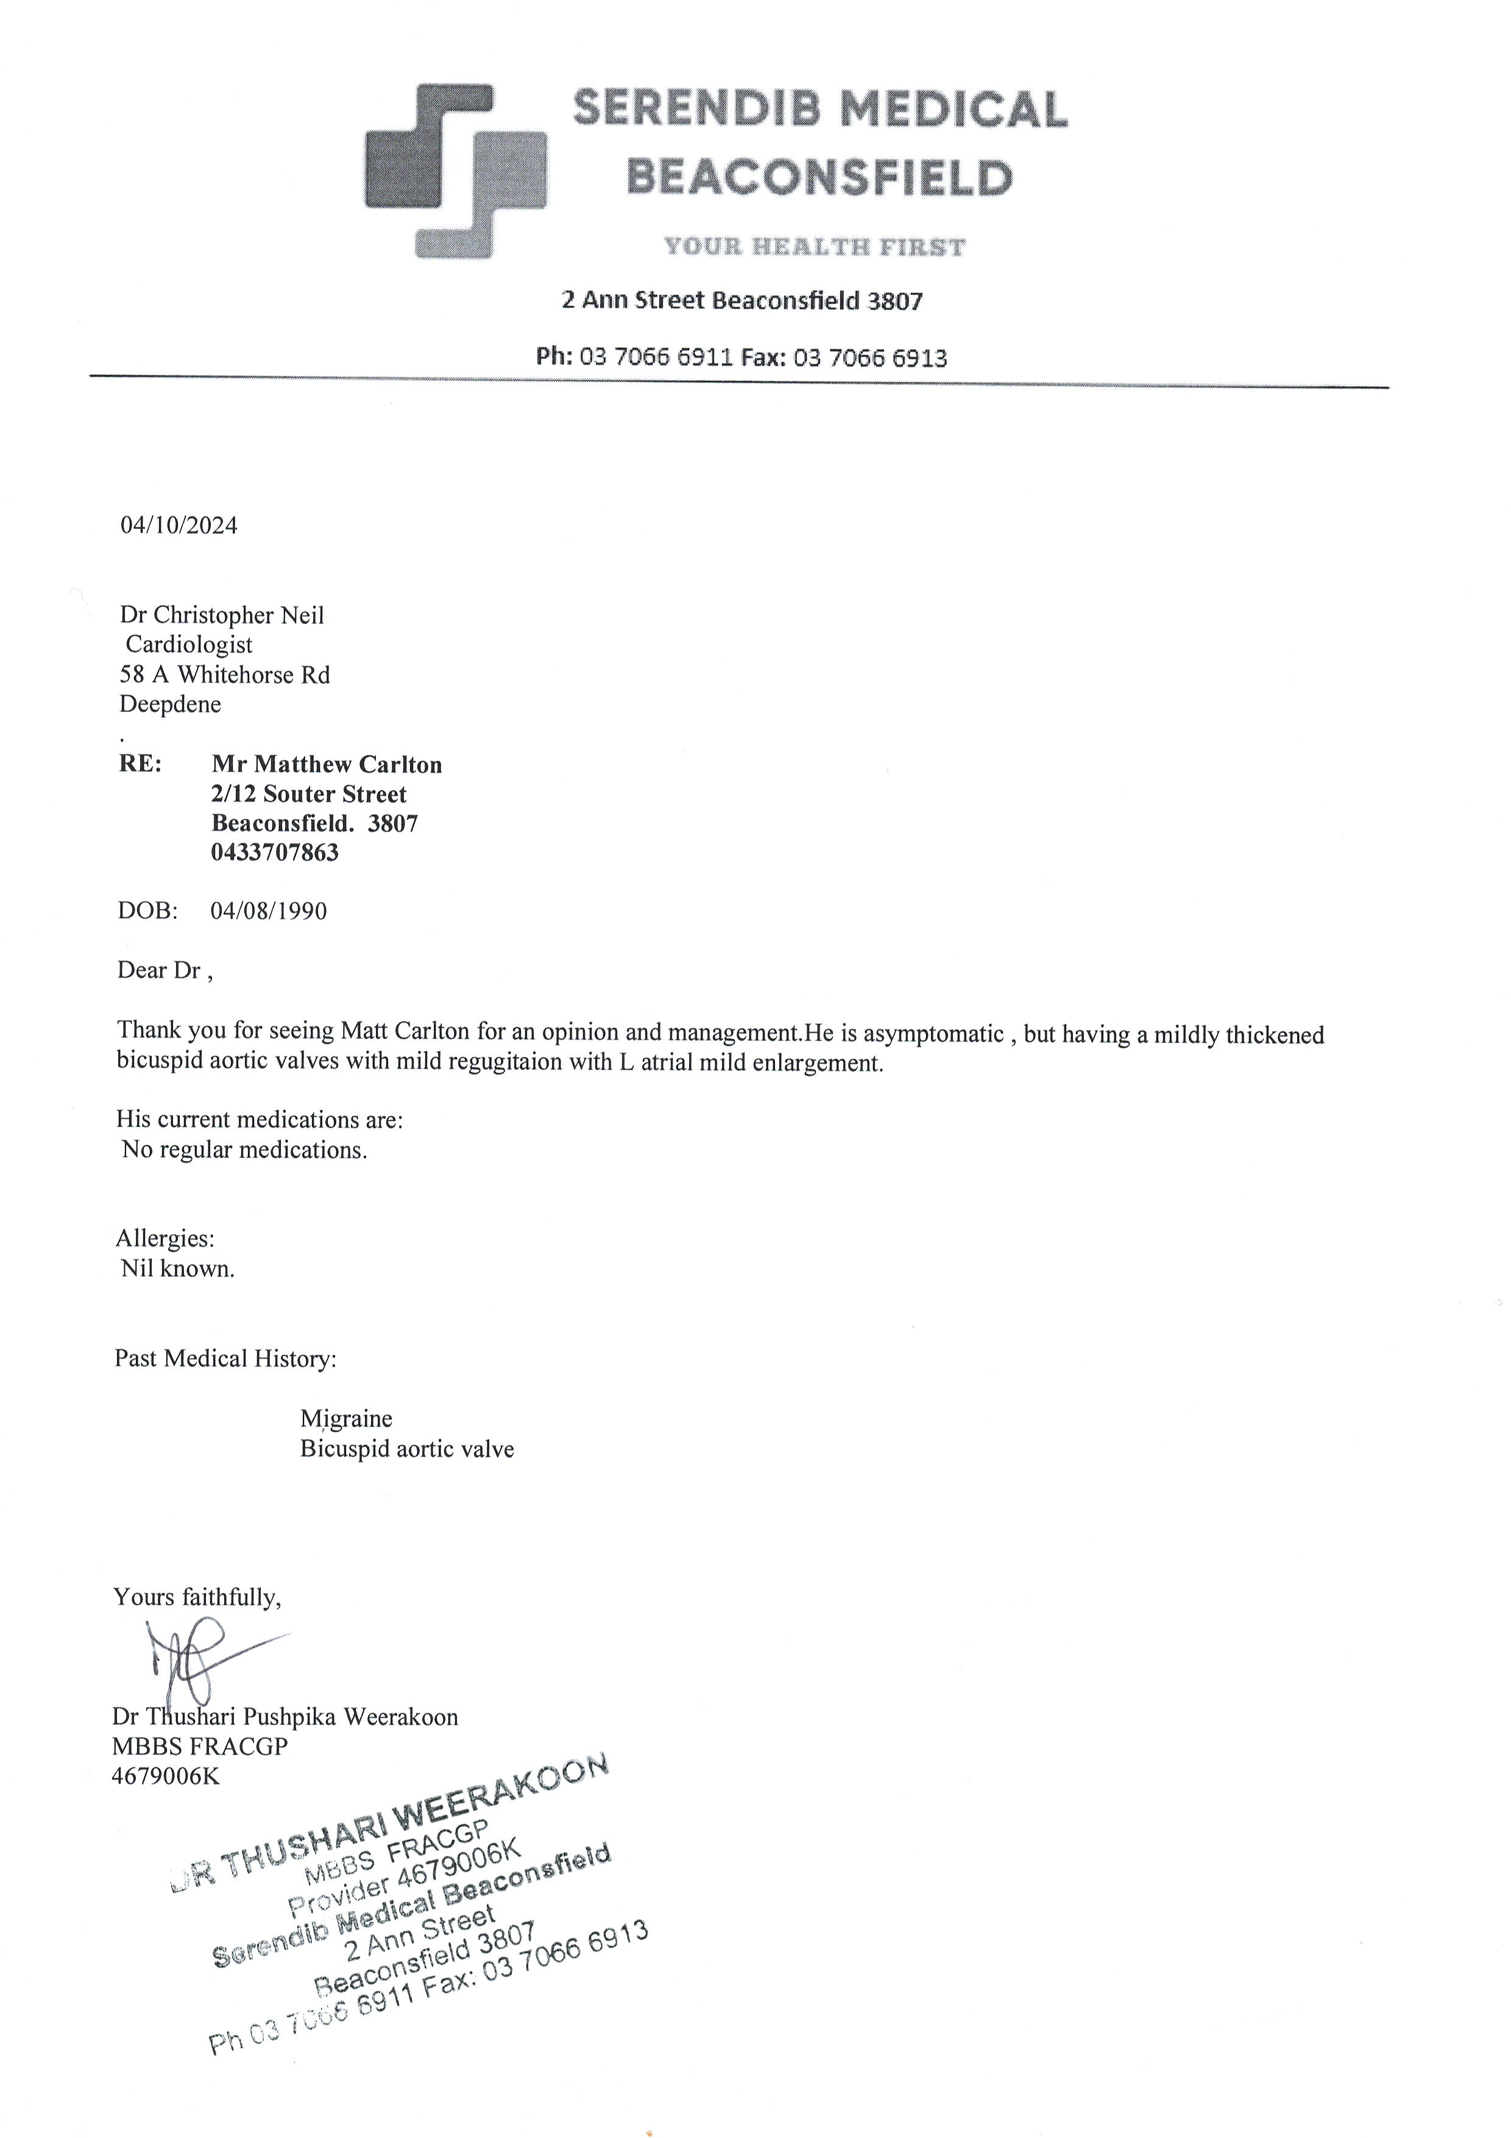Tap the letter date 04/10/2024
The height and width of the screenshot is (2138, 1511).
(x=179, y=526)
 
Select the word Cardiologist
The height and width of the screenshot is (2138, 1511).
(x=189, y=644)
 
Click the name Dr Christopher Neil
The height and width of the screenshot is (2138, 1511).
(x=222, y=616)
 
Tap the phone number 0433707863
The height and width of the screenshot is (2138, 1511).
(x=275, y=852)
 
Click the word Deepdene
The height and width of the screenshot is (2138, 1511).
(x=171, y=704)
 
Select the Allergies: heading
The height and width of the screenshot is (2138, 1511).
(x=165, y=1238)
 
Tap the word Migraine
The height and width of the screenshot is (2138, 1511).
(x=345, y=1418)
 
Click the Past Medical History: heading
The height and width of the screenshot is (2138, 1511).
(x=225, y=1358)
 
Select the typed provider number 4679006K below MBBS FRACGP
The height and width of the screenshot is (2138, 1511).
(x=166, y=1776)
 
